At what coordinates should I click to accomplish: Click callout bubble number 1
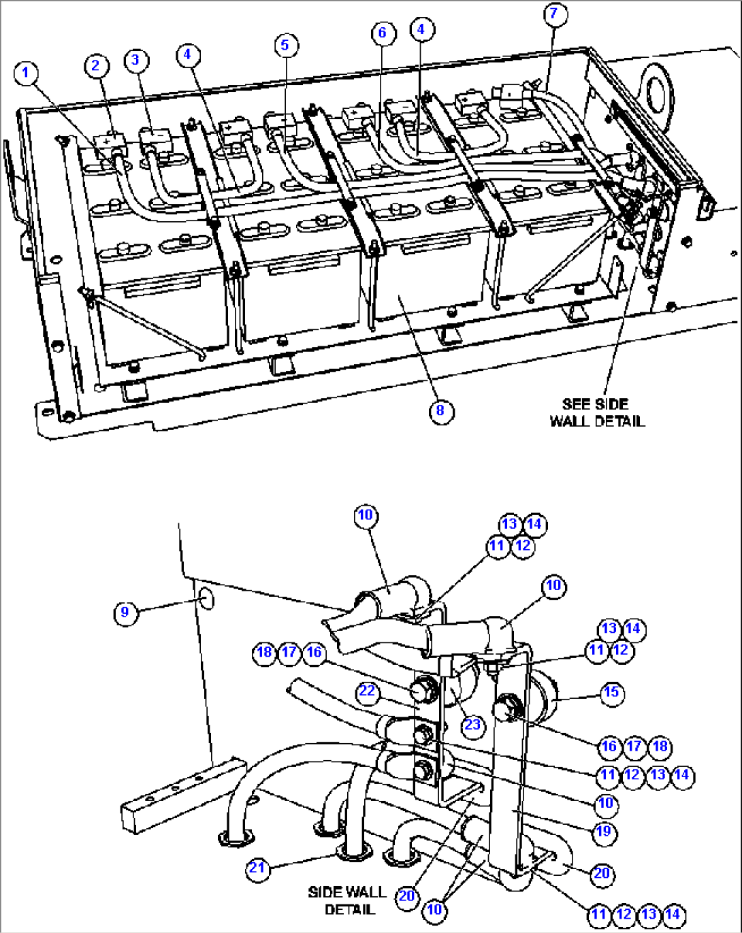pyautogui.click(x=26, y=73)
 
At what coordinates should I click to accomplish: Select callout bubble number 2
pyautogui.click(x=96, y=65)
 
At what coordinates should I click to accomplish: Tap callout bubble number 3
pyautogui.click(x=135, y=60)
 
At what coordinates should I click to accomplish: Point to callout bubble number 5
pyautogui.click(x=285, y=45)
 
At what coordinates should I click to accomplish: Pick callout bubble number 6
pyautogui.click(x=383, y=33)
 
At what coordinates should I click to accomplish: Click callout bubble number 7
pyautogui.click(x=555, y=14)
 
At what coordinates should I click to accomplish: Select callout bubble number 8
pyautogui.click(x=441, y=410)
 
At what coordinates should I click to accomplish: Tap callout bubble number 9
pyautogui.click(x=125, y=612)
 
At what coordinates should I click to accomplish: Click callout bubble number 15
pyautogui.click(x=611, y=692)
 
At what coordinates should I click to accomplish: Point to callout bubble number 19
pyautogui.click(x=604, y=832)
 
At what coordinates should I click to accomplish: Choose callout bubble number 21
pyautogui.click(x=257, y=868)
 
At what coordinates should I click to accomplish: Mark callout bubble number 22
pyautogui.click(x=368, y=691)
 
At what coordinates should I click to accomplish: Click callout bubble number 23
pyautogui.click(x=472, y=725)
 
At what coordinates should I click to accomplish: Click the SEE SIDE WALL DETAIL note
pyautogui.click(x=596, y=412)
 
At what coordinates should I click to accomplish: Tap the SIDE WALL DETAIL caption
pyautogui.click(x=346, y=900)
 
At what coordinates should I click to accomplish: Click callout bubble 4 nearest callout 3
pyautogui.click(x=189, y=54)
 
